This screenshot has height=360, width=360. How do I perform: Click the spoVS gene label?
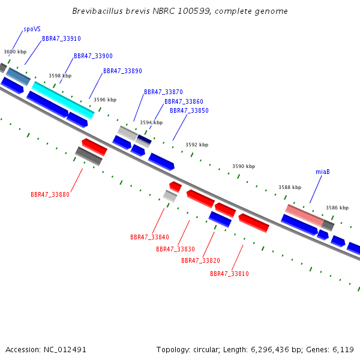click(x=32, y=29)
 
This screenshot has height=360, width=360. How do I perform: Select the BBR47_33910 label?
click(x=62, y=38)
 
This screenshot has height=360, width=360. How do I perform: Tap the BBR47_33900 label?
click(x=93, y=56)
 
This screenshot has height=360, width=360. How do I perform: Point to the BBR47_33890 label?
click(x=122, y=71)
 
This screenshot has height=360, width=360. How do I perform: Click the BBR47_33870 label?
click(x=163, y=92)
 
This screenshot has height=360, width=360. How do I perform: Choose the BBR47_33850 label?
click(x=189, y=110)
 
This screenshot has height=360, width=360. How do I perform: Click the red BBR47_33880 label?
click(x=50, y=194)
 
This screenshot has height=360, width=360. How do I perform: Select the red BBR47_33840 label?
click(x=149, y=237)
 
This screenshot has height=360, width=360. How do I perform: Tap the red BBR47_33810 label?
click(x=230, y=274)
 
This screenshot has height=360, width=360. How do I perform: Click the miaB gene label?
click(x=323, y=172)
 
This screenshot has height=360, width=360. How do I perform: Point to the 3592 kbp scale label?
click(x=197, y=145)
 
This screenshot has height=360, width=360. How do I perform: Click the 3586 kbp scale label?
click(x=337, y=208)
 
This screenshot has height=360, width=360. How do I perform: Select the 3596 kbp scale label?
click(x=105, y=100)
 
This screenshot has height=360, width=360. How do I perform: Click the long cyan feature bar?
click(x=63, y=100)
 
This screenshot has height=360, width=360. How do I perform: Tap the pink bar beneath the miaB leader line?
click(x=304, y=215)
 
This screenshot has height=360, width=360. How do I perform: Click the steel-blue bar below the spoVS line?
click(x=19, y=76)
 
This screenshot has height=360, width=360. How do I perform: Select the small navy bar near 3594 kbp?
click(x=144, y=140)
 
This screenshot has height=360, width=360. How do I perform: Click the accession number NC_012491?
click(x=65, y=350)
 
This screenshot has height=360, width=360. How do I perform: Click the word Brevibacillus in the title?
click(x=98, y=11)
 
